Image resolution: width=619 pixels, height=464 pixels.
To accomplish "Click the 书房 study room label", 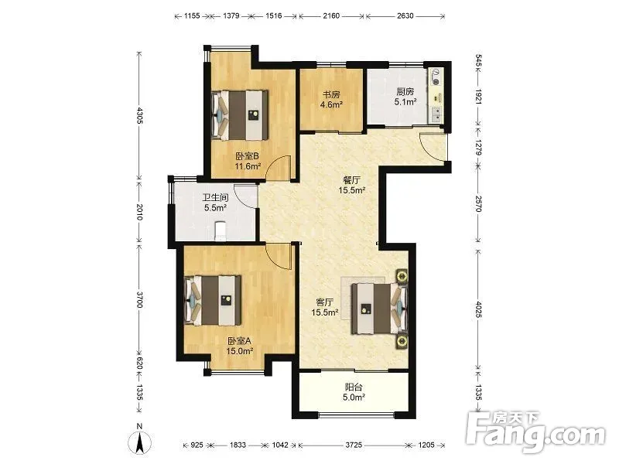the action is click(x=332, y=94).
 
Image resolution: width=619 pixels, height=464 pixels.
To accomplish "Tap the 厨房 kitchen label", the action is click(x=405, y=92).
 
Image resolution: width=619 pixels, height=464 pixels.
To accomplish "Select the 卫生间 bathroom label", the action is click(x=216, y=198).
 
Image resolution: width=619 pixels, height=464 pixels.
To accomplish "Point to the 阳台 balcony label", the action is click(x=354, y=387).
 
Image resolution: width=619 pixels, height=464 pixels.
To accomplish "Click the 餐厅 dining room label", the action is click(x=351, y=180).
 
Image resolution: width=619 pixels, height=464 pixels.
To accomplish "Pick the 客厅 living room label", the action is click(x=325, y=302).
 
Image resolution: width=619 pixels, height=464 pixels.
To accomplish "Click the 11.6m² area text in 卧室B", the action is click(x=248, y=166).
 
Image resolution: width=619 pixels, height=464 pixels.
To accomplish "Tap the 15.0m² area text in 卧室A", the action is click(x=240, y=351).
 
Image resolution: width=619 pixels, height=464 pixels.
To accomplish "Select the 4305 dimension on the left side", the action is click(x=139, y=115).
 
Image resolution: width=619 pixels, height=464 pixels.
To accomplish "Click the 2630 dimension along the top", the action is click(x=405, y=15).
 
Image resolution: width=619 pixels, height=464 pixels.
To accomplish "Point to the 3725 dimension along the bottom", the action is click(x=354, y=445).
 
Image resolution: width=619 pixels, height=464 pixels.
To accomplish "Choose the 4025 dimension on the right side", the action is click(x=478, y=310).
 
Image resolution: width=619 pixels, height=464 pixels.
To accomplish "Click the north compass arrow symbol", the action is click(x=139, y=442).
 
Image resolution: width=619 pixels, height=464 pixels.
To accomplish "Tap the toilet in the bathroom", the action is click(x=220, y=231).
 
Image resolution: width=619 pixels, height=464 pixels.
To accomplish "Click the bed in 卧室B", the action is click(x=240, y=115).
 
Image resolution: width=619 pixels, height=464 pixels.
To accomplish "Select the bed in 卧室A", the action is click(x=213, y=301).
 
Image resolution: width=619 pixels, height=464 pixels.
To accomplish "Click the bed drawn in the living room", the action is click(x=380, y=308).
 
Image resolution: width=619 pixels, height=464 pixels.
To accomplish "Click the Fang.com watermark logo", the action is click(x=535, y=434).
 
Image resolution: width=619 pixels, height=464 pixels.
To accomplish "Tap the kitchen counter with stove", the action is click(x=436, y=96).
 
